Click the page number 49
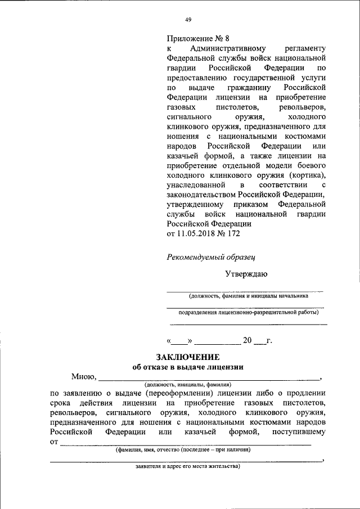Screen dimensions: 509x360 [x=188, y=20]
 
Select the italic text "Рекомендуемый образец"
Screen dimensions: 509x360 [x=211, y=257]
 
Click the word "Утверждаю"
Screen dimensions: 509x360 [x=246, y=274]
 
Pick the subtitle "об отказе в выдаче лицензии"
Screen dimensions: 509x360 [x=188, y=367]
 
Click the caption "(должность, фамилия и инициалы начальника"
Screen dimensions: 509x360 [x=248, y=295]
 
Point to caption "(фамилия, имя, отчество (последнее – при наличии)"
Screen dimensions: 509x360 [x=183, y=450]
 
